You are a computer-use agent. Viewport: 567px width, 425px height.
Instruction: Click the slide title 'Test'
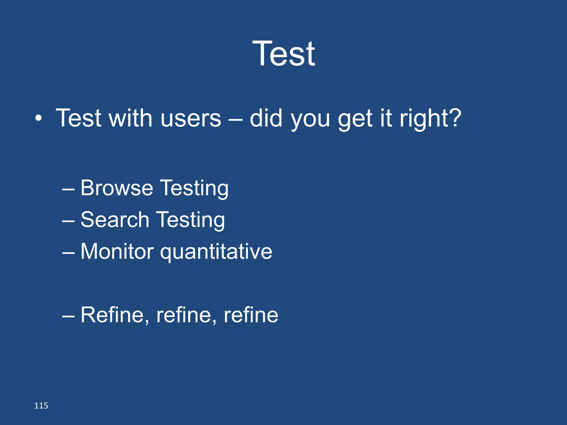pos(283,53)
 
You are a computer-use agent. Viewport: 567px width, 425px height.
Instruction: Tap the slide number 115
pos(41,406)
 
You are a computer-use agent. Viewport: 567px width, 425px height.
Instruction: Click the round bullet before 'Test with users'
pos(39,119)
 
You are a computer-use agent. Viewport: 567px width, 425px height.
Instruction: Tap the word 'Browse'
pos(117,188)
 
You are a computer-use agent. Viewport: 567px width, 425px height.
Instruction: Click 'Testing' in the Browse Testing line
pos(195,189)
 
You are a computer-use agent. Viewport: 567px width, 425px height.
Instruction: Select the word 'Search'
pos(115,220)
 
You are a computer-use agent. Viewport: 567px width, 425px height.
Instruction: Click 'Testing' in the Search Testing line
pos(191,221)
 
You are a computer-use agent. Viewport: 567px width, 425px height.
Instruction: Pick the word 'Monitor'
pos(117,252)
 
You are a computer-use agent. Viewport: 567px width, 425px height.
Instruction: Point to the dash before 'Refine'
pos(68,317)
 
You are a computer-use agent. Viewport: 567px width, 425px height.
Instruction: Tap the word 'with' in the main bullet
pos(130,118)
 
